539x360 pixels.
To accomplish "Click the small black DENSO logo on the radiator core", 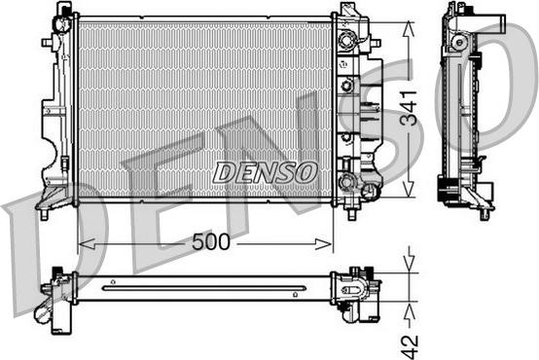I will pyautogui.click(x=266, y=172).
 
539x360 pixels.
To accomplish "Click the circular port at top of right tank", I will pyautogui.click(x=345, y=41).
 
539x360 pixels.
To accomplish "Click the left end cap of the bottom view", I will pyautogui.click(x=55, y=293).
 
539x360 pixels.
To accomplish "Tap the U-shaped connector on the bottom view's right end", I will pyautogui.click(x=358, y=289).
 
